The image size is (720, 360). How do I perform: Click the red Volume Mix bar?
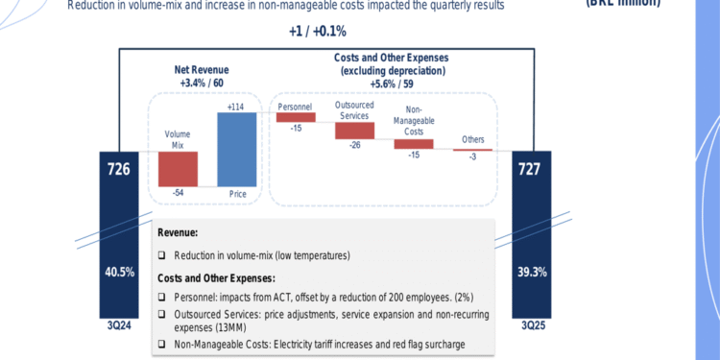tap(178, 168)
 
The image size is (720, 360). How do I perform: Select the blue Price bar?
tap(237, 150)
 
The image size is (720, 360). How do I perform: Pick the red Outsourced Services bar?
tap(354, 130)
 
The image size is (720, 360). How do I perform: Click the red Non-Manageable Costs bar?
tap(414, 144)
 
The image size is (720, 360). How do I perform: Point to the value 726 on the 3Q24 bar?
tap(119, 170)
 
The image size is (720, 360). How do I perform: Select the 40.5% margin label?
tap(119, 272)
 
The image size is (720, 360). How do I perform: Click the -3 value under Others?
tap(473, 158)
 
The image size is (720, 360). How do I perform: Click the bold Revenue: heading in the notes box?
tap(179, 232)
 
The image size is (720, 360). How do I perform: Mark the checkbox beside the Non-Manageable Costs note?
tap(162, 345)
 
